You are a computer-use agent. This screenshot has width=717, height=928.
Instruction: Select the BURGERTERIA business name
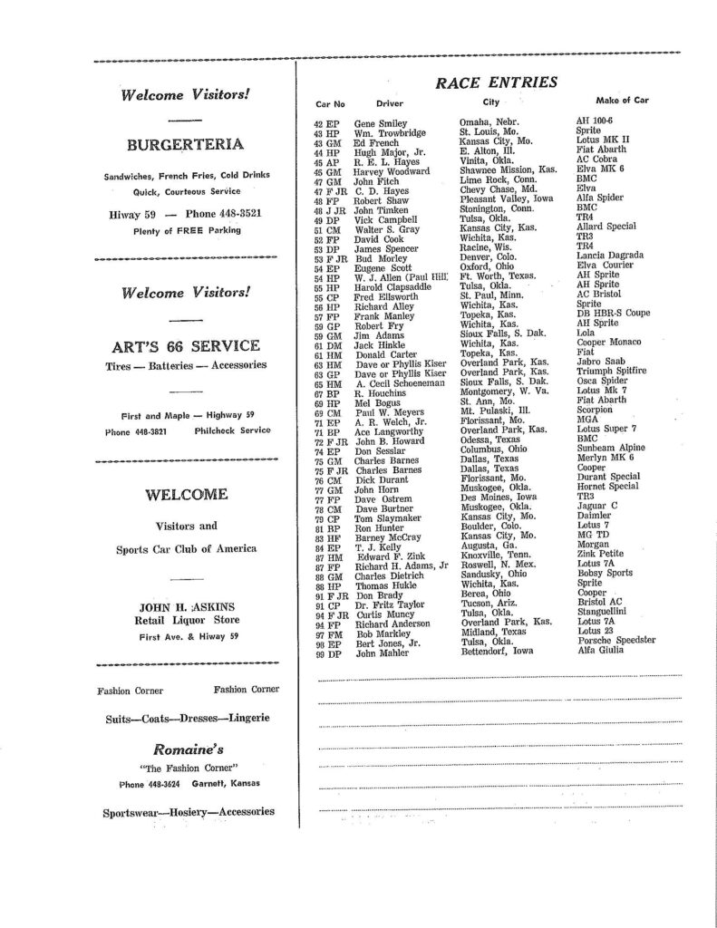pos(185,144)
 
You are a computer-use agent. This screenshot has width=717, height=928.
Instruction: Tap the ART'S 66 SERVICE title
pos(185,345)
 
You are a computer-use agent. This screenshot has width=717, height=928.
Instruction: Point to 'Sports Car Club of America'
pos(185,549)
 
